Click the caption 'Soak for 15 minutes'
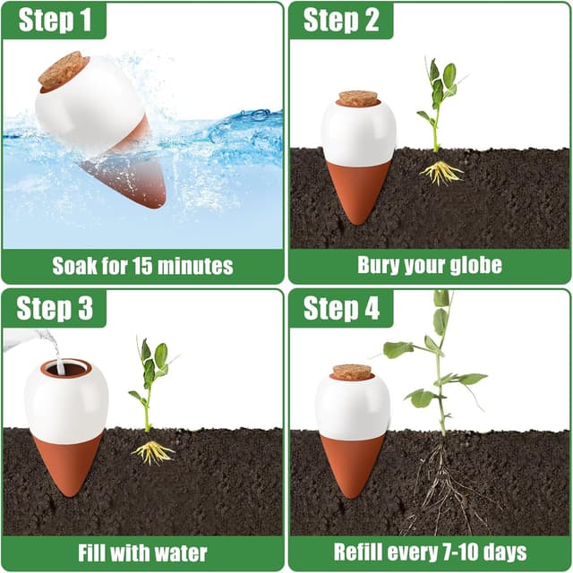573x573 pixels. [142, 266]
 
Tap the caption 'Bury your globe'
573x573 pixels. [430, 266]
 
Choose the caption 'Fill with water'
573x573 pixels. [142, 552]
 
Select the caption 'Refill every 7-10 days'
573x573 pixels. [430, 552]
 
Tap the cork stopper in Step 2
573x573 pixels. [358, 98]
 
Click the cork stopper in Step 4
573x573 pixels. [352, 372]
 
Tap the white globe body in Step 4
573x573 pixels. [353, 408]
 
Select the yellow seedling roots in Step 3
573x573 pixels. [152, 451]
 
